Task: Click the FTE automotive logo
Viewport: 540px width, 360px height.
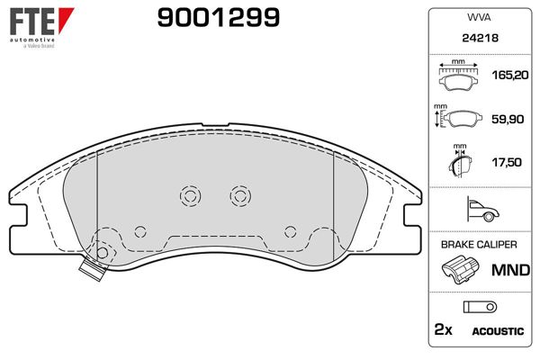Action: [41, 28]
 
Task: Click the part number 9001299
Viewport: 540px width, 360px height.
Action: [219, 18]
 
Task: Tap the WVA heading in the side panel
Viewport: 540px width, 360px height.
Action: [479, 18]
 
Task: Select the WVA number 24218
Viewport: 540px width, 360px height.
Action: [480, 38]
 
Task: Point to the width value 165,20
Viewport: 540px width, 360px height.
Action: [510, 75]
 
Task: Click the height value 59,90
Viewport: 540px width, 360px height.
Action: [508, 119]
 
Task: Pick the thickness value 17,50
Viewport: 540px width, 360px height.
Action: [507, 162]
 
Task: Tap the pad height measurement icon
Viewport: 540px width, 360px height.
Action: [458, 116]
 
